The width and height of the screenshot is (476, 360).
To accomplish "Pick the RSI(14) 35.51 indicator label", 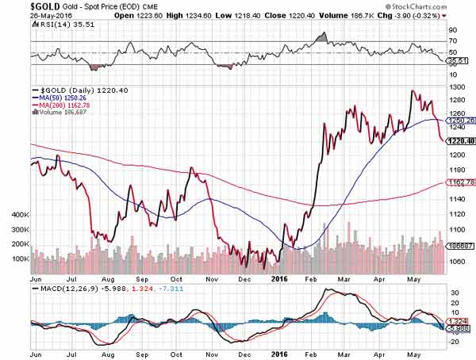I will pyautogui.click(x=56, y=25).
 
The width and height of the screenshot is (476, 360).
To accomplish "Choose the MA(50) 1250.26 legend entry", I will pyautogui.click(x=64, y=98).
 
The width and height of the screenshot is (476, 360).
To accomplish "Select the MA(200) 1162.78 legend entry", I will pyautogui.click(x=66, y=105).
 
